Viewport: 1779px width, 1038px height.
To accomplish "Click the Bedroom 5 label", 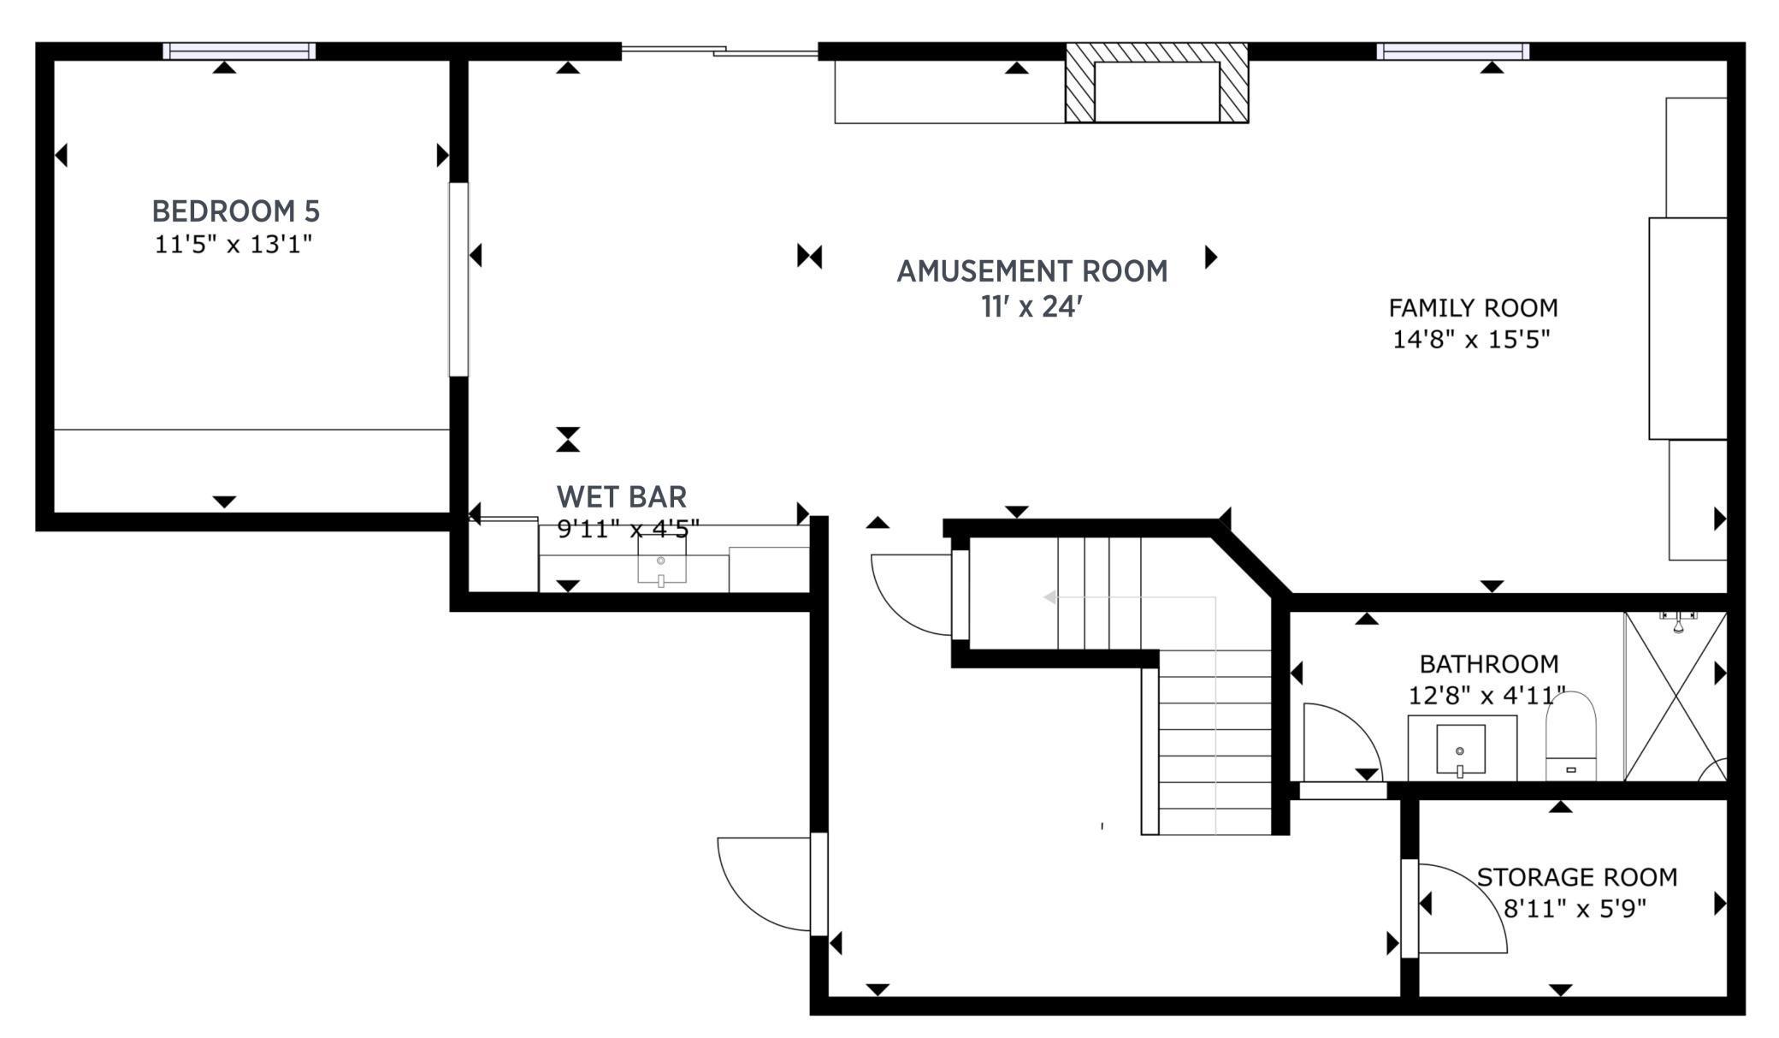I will coord(235,211).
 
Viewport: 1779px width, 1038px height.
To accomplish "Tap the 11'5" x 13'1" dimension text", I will coord(233,245).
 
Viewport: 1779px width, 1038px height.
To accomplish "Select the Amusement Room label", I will coord(1031,271).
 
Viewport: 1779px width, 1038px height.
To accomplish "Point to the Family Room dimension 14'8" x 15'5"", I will coord(1471,340).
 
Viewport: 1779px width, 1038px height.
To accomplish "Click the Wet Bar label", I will coord(621,496).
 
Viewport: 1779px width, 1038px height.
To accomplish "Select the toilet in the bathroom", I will coord(1571,736).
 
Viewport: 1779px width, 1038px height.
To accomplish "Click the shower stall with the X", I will coord(1675,697).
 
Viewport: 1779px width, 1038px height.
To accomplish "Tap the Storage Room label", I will coord(1576,877).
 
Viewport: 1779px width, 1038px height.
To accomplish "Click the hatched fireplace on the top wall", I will coord(1156,84).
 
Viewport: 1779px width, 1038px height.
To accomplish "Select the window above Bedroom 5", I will coord(239,51).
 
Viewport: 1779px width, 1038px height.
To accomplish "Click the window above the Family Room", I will coord(1452,51).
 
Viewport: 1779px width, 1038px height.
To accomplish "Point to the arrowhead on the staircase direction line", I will coord(1049,597).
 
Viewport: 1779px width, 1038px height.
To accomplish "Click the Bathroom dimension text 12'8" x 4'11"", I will coord(1486,696).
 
